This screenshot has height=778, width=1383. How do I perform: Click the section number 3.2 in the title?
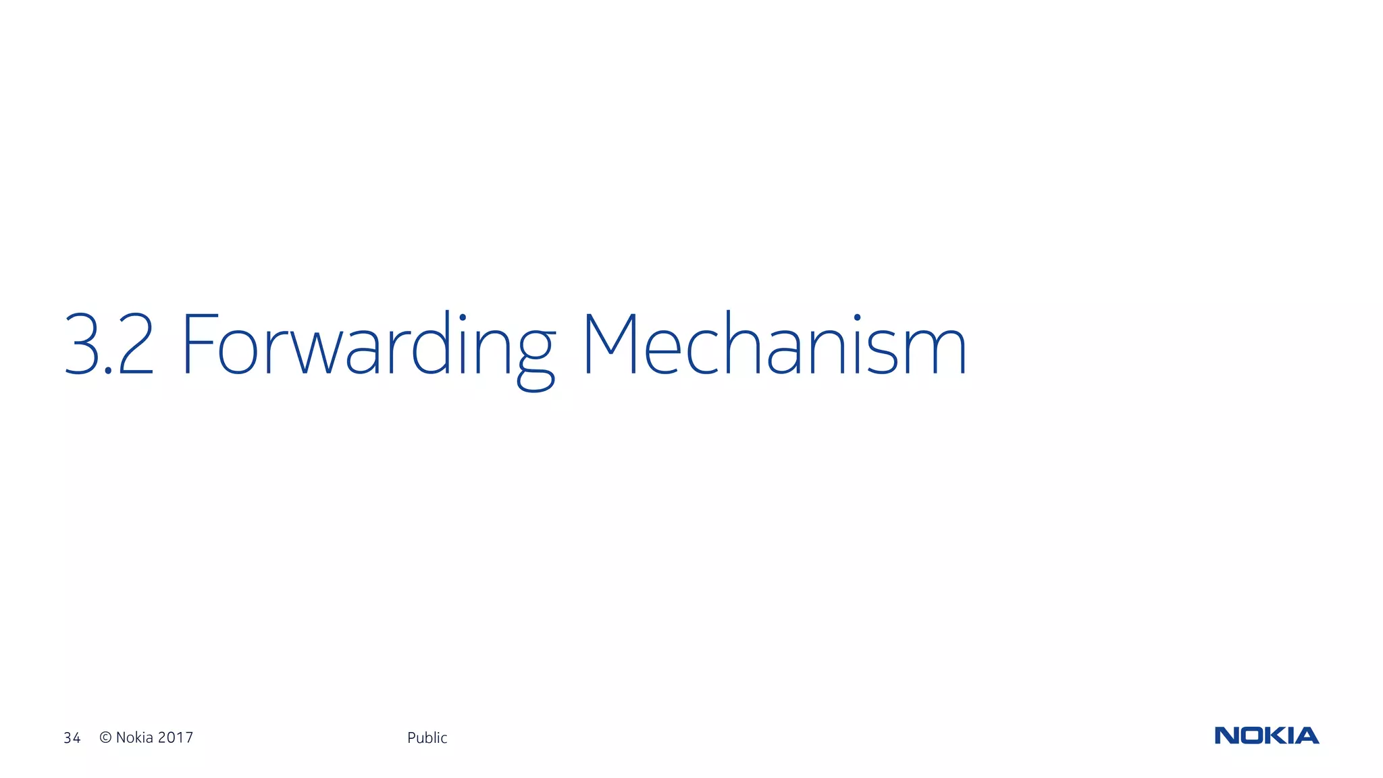tap(109, 344)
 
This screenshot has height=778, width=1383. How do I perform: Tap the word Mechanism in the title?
tap(774, 344)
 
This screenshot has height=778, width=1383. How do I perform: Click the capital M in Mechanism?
tap(610, 344)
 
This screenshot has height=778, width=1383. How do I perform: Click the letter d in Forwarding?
tap(431, 344)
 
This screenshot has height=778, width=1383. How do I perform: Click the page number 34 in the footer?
tap(72, 738)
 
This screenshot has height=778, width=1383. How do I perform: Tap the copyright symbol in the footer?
tap(105, 737)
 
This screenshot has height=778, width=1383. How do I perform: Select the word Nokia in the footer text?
tap(134, 737)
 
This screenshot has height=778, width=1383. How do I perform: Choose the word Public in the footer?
tap(427, 738)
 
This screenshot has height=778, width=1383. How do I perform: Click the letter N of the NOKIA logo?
tap(1226, 735)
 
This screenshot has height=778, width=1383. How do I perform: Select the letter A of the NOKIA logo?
tap(1307, 735)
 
